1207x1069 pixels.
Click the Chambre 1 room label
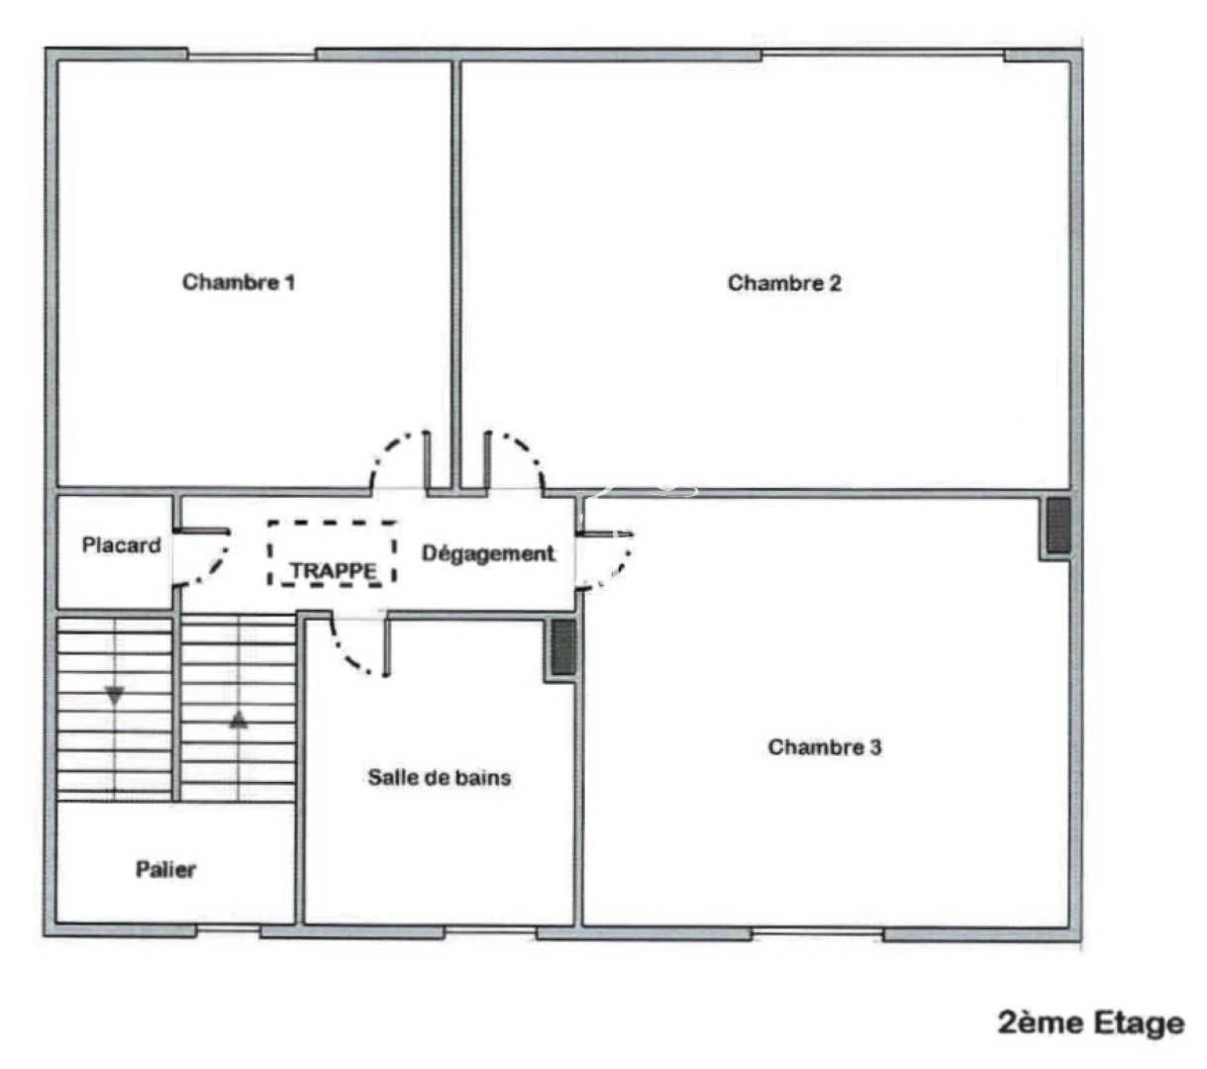tap(239, 282)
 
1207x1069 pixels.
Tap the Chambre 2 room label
tap(784, 283)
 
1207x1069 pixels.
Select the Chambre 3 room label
tap(824, 747)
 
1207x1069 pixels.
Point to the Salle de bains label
tap(440, 778)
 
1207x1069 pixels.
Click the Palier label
tap(165, 870)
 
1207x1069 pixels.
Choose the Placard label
tap(121, 545)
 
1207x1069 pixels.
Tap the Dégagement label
tap(487, 554)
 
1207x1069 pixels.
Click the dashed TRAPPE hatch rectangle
tap(332, 553)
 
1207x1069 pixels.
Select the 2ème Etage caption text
tap(1090, 1022)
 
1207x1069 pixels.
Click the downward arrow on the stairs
tap(115, 696)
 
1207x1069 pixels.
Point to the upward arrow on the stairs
tap(238, 720)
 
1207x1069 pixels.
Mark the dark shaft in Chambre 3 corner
tap(1058, 526)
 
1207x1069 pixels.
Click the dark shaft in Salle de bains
tap(562, 648)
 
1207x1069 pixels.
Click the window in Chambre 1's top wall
tap(251, 54)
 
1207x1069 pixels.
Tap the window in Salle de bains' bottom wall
tap(490, 932)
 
